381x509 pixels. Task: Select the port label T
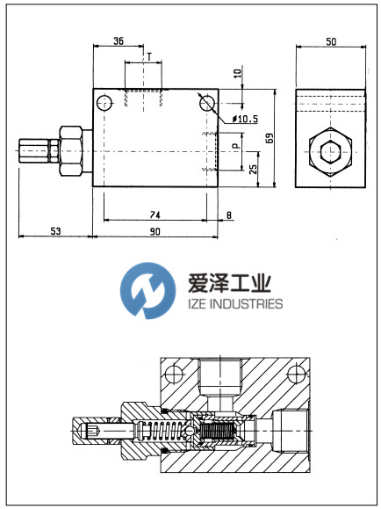(x=148, y=56)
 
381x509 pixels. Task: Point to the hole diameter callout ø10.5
(x=245, y=118)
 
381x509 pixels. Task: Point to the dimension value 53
(x=55, y=230)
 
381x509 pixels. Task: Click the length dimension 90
(x=155, y=230)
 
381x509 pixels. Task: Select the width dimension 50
(x=330, y=41)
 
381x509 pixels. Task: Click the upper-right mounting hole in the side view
(x=207, y=103)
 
